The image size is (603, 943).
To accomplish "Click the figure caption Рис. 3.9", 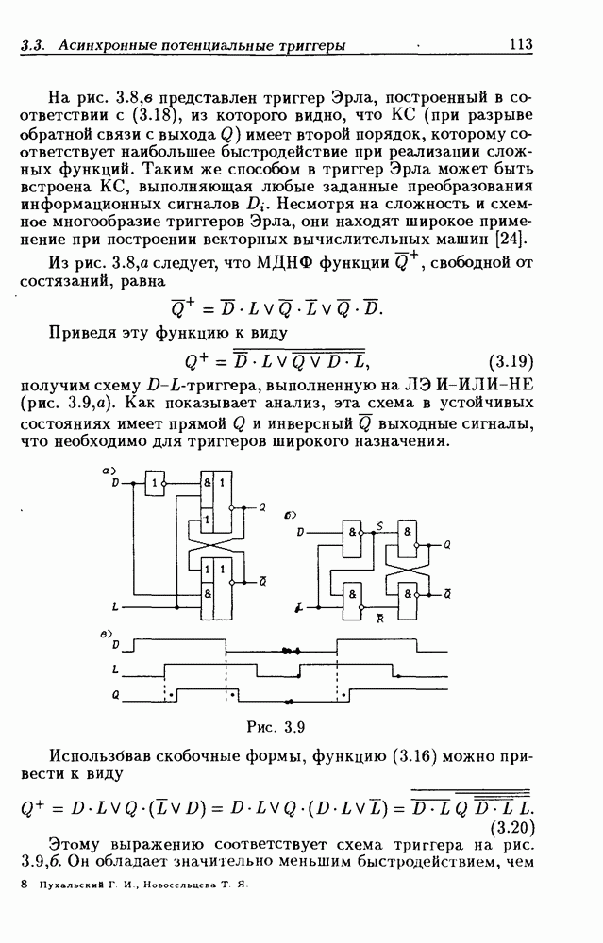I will [273, 726].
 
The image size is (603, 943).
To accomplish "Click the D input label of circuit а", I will [116, 483].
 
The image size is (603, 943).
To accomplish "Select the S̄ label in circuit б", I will [378, 524].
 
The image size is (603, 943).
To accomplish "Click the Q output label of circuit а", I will [263, 506].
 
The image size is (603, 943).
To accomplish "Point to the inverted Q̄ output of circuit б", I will [446, 590].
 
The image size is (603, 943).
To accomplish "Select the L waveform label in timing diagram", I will [115, 670].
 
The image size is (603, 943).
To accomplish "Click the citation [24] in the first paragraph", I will [517, 237].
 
